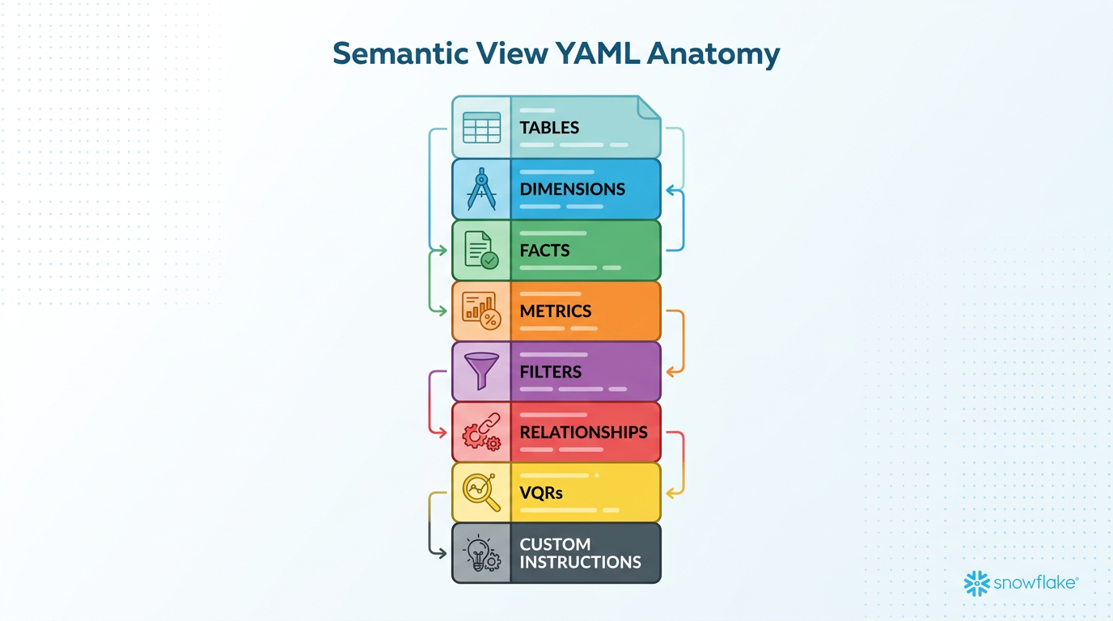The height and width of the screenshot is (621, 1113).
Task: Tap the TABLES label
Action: coord(549,128)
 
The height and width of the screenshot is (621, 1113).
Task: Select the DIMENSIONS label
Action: coord(572,189)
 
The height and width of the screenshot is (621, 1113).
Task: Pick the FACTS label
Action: coord(544,251)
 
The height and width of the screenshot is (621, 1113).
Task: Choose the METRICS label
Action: coord(555,311)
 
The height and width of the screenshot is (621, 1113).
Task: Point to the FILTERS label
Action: coord(550,372)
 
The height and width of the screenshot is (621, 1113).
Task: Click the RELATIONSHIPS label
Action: coord(583,432)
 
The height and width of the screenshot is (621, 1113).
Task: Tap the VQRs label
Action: coord(541,492)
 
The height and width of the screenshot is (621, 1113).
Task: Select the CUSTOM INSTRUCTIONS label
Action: coord(580,553)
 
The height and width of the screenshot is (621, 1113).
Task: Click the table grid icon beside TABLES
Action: coord(481,128)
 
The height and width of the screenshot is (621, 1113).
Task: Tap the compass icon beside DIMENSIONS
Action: coord(481,189)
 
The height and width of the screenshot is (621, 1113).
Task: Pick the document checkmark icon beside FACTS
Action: coord(481,251)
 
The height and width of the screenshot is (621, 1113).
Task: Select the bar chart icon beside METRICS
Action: coord(481,311)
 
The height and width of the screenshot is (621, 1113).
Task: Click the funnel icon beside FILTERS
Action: coord(481,371)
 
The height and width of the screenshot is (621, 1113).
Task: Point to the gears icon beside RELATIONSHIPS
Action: coord(481,432)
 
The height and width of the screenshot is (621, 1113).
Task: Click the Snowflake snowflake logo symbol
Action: coord(977,583)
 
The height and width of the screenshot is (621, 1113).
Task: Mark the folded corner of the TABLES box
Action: coord(650,107)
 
